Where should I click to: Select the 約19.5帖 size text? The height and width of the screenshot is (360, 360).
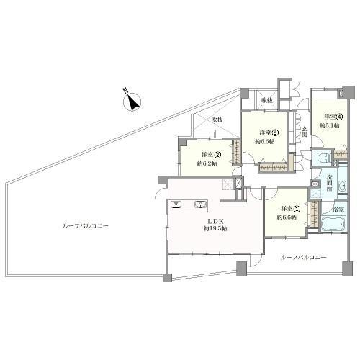[213, 228]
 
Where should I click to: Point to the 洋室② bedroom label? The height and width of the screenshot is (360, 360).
[210, 155]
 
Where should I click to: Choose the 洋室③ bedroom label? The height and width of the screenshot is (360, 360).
[269, 132]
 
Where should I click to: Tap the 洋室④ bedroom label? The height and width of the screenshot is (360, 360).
[331, 117]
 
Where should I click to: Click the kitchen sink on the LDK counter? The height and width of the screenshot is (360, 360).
[200, 204]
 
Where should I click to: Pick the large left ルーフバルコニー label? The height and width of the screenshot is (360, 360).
[85, 225]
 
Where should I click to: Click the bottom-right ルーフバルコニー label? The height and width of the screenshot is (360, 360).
[303, 257]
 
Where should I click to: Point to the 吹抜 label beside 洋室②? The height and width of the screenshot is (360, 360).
[217, 120]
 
